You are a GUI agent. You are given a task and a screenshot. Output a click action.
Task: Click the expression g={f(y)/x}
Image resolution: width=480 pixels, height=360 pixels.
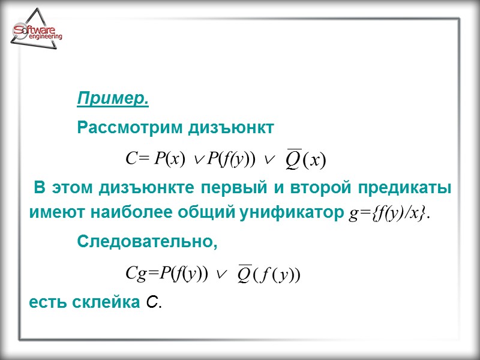(x=389, y=214)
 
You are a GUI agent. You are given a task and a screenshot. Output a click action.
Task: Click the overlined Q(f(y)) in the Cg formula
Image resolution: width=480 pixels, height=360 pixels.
(x=268, y=274)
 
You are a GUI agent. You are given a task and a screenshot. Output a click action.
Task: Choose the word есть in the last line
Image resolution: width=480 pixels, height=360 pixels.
(x=46, y=303)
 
